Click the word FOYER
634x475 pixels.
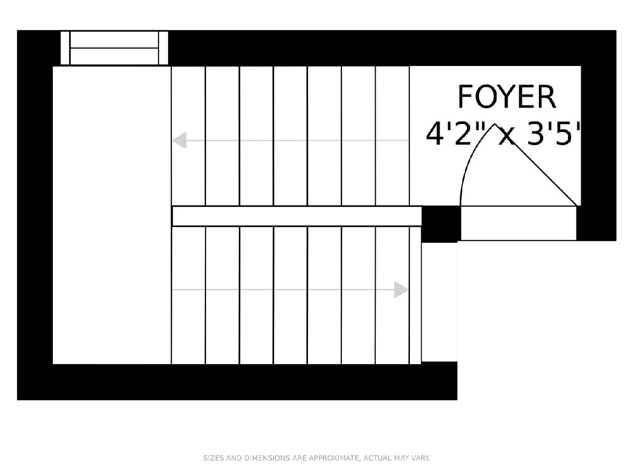click(507, 97)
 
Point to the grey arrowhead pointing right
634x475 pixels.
click(401, 290)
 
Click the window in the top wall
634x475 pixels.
click(114, 48)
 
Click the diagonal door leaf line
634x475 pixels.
click(536, 165)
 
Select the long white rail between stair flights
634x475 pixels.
click(297, 216)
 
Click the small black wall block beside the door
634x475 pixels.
click(441, 224)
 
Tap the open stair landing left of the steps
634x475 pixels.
click(112, 215)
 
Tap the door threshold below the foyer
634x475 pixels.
click(519, 223)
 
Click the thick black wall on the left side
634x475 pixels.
click(35, 215)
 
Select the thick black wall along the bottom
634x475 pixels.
click(237, 382)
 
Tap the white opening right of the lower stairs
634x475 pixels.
click(440, 302)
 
